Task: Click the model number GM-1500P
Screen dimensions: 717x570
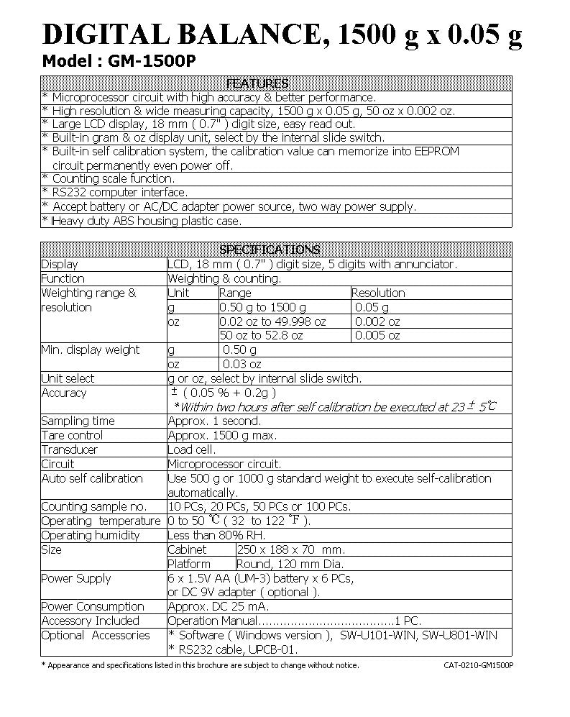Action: click(151, 61)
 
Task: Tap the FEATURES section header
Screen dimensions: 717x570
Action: click(257, 83)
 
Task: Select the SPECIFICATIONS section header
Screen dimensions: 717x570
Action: click(269, 250)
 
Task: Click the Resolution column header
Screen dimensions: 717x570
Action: click(378, 293)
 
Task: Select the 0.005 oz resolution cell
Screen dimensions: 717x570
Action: click(378, 336)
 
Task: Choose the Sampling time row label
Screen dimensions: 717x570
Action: click(78, 421)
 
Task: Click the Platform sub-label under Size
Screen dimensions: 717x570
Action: click(189, 565)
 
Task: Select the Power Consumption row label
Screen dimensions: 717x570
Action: click(93, 607)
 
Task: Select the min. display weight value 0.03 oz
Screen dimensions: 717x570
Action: click(242, 365)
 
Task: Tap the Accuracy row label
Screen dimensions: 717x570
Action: click(64, 393)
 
